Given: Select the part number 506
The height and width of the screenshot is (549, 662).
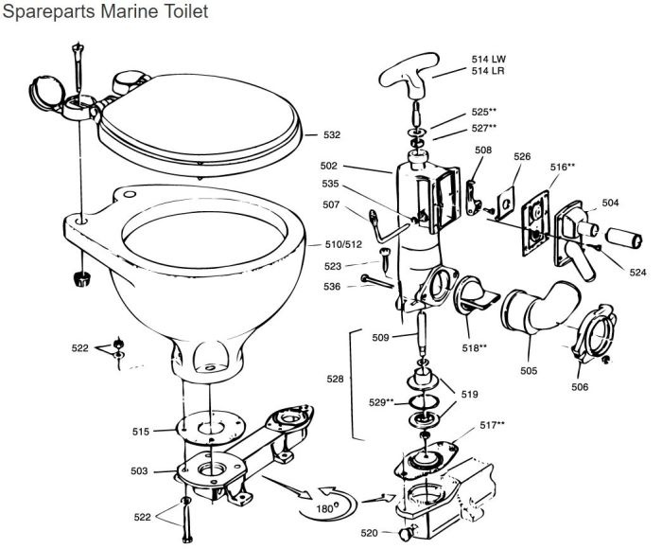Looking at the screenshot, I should pos(580,386).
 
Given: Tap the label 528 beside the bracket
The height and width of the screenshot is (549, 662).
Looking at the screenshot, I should pos(337,379).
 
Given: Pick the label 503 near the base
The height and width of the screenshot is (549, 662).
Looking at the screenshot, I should pos(139,470).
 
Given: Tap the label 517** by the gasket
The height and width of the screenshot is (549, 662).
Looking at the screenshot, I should pos(492,425).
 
